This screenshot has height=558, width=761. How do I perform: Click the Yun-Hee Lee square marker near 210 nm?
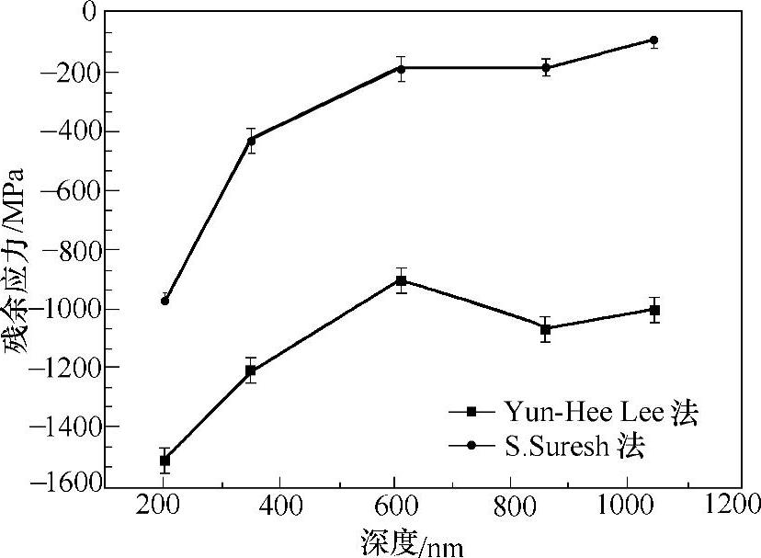coord(165,461)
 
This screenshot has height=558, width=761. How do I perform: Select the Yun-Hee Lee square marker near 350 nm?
coord(250,370)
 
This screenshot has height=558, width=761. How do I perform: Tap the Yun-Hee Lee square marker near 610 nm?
coord(401,280)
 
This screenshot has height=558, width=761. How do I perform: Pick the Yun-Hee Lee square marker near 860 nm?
coord(546,329)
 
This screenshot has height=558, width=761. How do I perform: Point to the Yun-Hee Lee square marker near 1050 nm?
coord(654,310)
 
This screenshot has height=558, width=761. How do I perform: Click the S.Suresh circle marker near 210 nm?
coord(165,301)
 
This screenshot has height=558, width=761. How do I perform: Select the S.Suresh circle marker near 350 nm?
coord(250,140)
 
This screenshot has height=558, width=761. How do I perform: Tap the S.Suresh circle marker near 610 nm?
coord(401,69)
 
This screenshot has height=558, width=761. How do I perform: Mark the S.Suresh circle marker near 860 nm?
coord(546,68)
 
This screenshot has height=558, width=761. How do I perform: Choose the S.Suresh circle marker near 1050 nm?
coord(654,40)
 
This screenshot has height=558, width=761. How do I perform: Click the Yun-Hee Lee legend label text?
coord(601,414)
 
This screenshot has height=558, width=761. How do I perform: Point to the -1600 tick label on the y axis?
coord(65,485)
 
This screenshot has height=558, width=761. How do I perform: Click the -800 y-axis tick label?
coord(70,250)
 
